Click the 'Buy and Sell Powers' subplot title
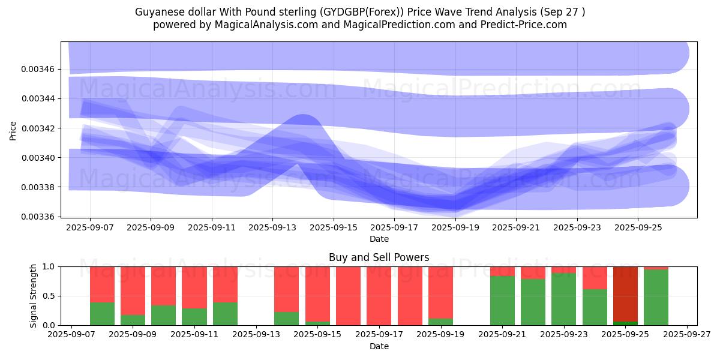point(379,257)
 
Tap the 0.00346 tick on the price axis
point(38,70)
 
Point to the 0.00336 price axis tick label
point(38,217)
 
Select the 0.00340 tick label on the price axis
point(38,158)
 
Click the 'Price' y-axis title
point(13,130)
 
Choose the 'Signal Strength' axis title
point(34,296)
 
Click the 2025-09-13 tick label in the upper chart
point(272,228)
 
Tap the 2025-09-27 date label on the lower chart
point(686,335)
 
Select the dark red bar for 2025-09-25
point(625,294)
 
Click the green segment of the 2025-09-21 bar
point(502,300)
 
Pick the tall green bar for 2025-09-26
point(656,297)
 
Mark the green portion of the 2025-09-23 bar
point(563,299)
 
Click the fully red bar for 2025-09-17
point(379,296)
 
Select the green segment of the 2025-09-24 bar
point(595,307)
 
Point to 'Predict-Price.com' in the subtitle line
point(526,25)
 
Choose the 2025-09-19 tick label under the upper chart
point(455,228)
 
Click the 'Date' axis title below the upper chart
point(379,239)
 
